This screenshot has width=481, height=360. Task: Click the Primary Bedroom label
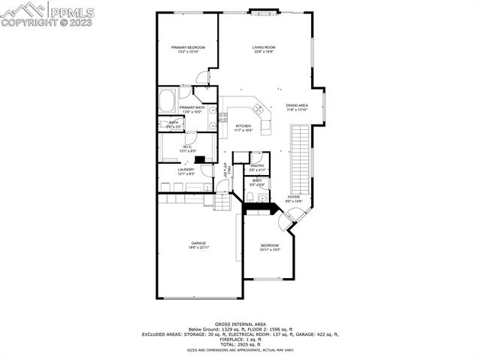(x=188, y=47)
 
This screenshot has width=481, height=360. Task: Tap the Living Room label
(x=263, y=47)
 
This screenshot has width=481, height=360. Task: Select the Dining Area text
(x=297, y=105)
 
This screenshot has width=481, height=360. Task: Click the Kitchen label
(x=243, y=126)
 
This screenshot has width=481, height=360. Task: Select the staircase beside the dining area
(x=300, y=158)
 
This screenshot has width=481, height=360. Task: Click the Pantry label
(x=257, y=165)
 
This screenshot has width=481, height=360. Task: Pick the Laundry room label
(x=186, y=169)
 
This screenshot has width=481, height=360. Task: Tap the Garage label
(x=198, y=244)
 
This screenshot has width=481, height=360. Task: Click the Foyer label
(x=293, y=197)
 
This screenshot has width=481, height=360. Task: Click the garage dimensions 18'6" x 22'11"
(x=198, y=248)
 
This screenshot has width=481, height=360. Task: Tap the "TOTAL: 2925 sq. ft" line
(x=240, y=343)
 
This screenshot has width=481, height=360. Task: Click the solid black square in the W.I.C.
(x=200, y=159)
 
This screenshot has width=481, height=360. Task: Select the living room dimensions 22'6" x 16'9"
(x=263, y=52)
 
